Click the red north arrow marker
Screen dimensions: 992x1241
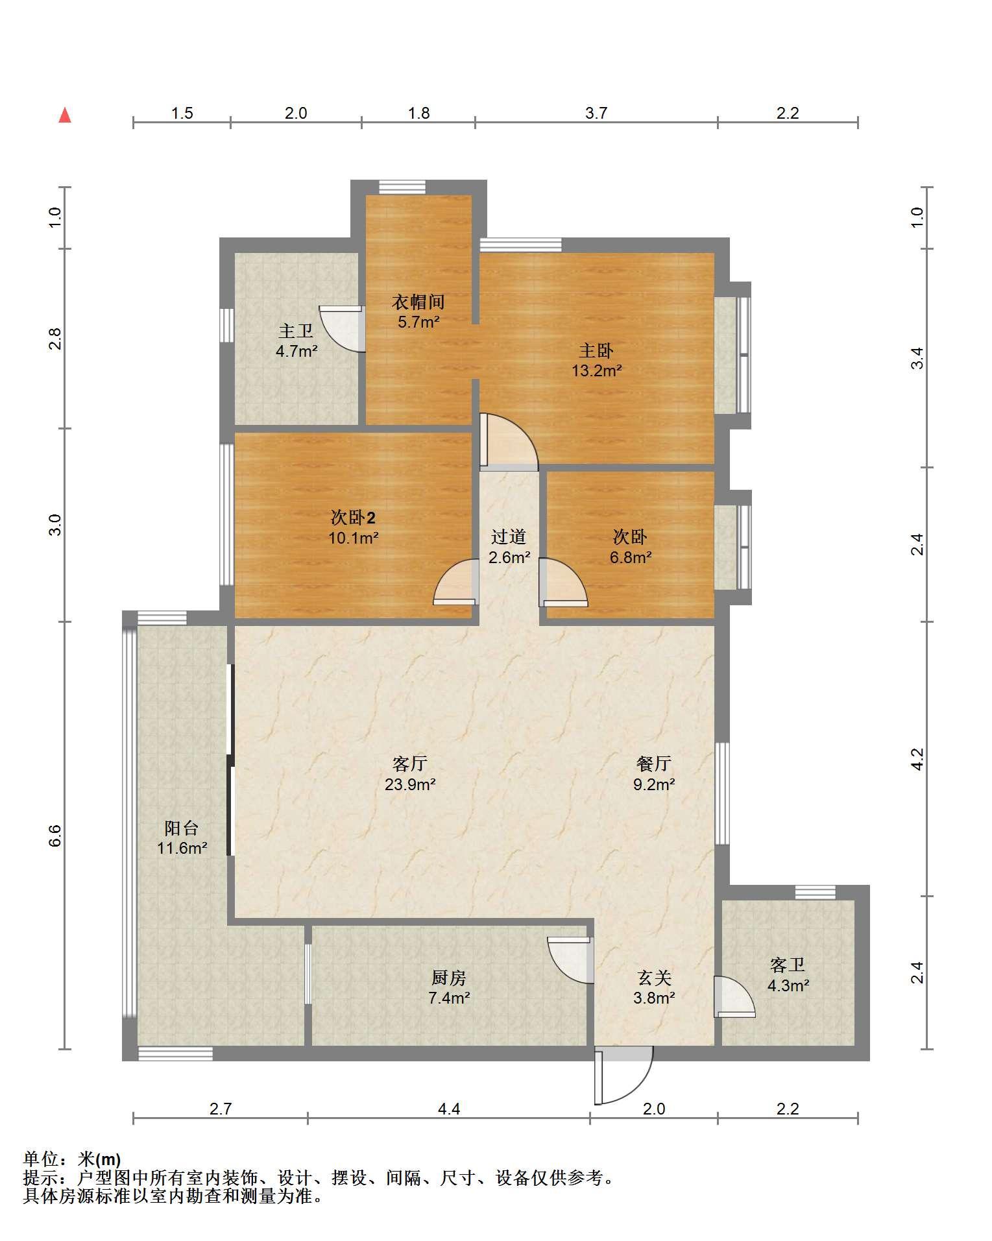[65, 115]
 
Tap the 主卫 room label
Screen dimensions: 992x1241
[296, 331]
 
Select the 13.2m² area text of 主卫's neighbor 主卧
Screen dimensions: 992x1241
[596, 371]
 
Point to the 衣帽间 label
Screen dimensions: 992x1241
[418, 302]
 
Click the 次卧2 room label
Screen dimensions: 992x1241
[353, 518]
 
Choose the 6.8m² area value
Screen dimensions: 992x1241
[631, 557]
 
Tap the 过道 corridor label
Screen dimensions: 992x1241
[509, 536]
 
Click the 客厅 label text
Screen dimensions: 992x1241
[410, 764]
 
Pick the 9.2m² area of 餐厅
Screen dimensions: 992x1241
[654, 784]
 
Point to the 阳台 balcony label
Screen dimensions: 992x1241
[182, 828]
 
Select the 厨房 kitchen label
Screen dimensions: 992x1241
[449, 977]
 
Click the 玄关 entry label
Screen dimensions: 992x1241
[654, 977]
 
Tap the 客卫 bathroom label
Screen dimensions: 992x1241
[788, 965]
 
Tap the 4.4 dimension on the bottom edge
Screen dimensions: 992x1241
[449, 1109]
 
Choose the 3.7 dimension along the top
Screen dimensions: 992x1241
[596, 113]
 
